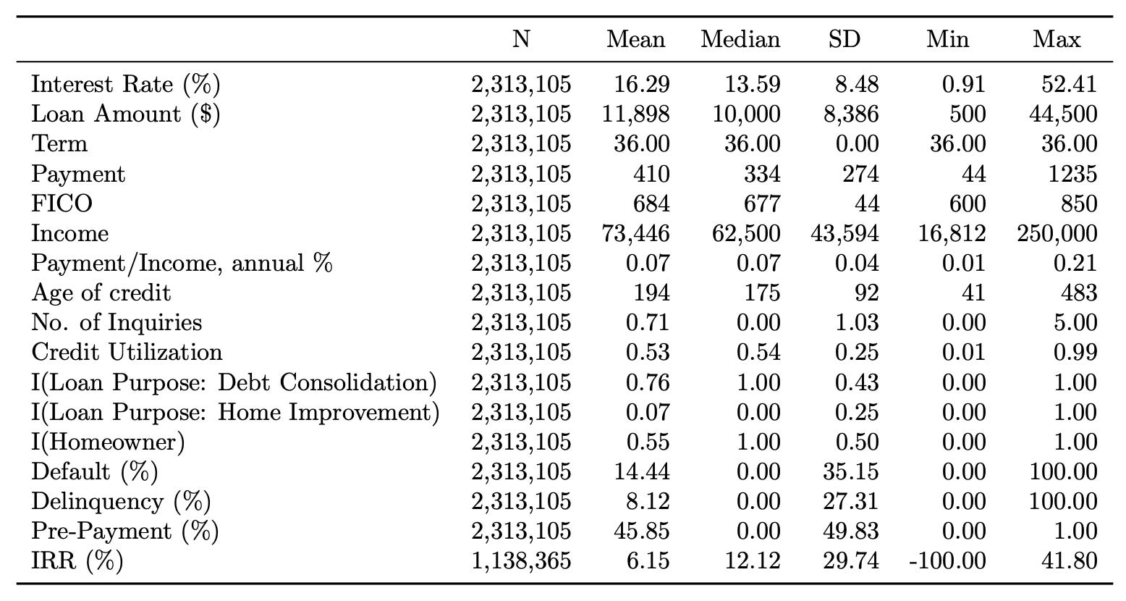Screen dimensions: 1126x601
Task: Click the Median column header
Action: point(740,39)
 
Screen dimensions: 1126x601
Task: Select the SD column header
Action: point(844,39)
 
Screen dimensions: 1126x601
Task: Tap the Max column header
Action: point(1057,39)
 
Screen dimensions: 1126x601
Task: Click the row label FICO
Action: point(62,203)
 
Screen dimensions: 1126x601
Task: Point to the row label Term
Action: point(59,144)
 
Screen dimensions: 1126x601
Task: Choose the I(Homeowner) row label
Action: point(108,442)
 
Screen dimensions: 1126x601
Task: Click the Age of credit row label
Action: point(101,293)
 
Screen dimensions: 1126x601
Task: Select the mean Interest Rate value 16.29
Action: point(642,84)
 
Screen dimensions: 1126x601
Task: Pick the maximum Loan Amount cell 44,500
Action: point(1063,114)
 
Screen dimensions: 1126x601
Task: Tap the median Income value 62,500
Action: point(746,233)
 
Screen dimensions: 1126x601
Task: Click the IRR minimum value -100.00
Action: point(947,561)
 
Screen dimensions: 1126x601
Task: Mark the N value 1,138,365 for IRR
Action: point(521,561)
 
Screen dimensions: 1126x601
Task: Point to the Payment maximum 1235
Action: point(1072,174)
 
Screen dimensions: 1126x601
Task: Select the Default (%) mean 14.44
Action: point(642,471)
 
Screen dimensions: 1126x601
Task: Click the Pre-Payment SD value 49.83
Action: point(850,531)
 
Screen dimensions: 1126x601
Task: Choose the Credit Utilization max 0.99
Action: point(1075,352)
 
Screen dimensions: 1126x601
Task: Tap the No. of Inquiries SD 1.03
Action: point(857,322)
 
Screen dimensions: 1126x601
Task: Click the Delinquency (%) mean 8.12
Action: point(648,501)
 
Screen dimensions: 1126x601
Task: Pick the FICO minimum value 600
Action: point(968,203)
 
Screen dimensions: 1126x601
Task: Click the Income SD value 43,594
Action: point(844,233)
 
